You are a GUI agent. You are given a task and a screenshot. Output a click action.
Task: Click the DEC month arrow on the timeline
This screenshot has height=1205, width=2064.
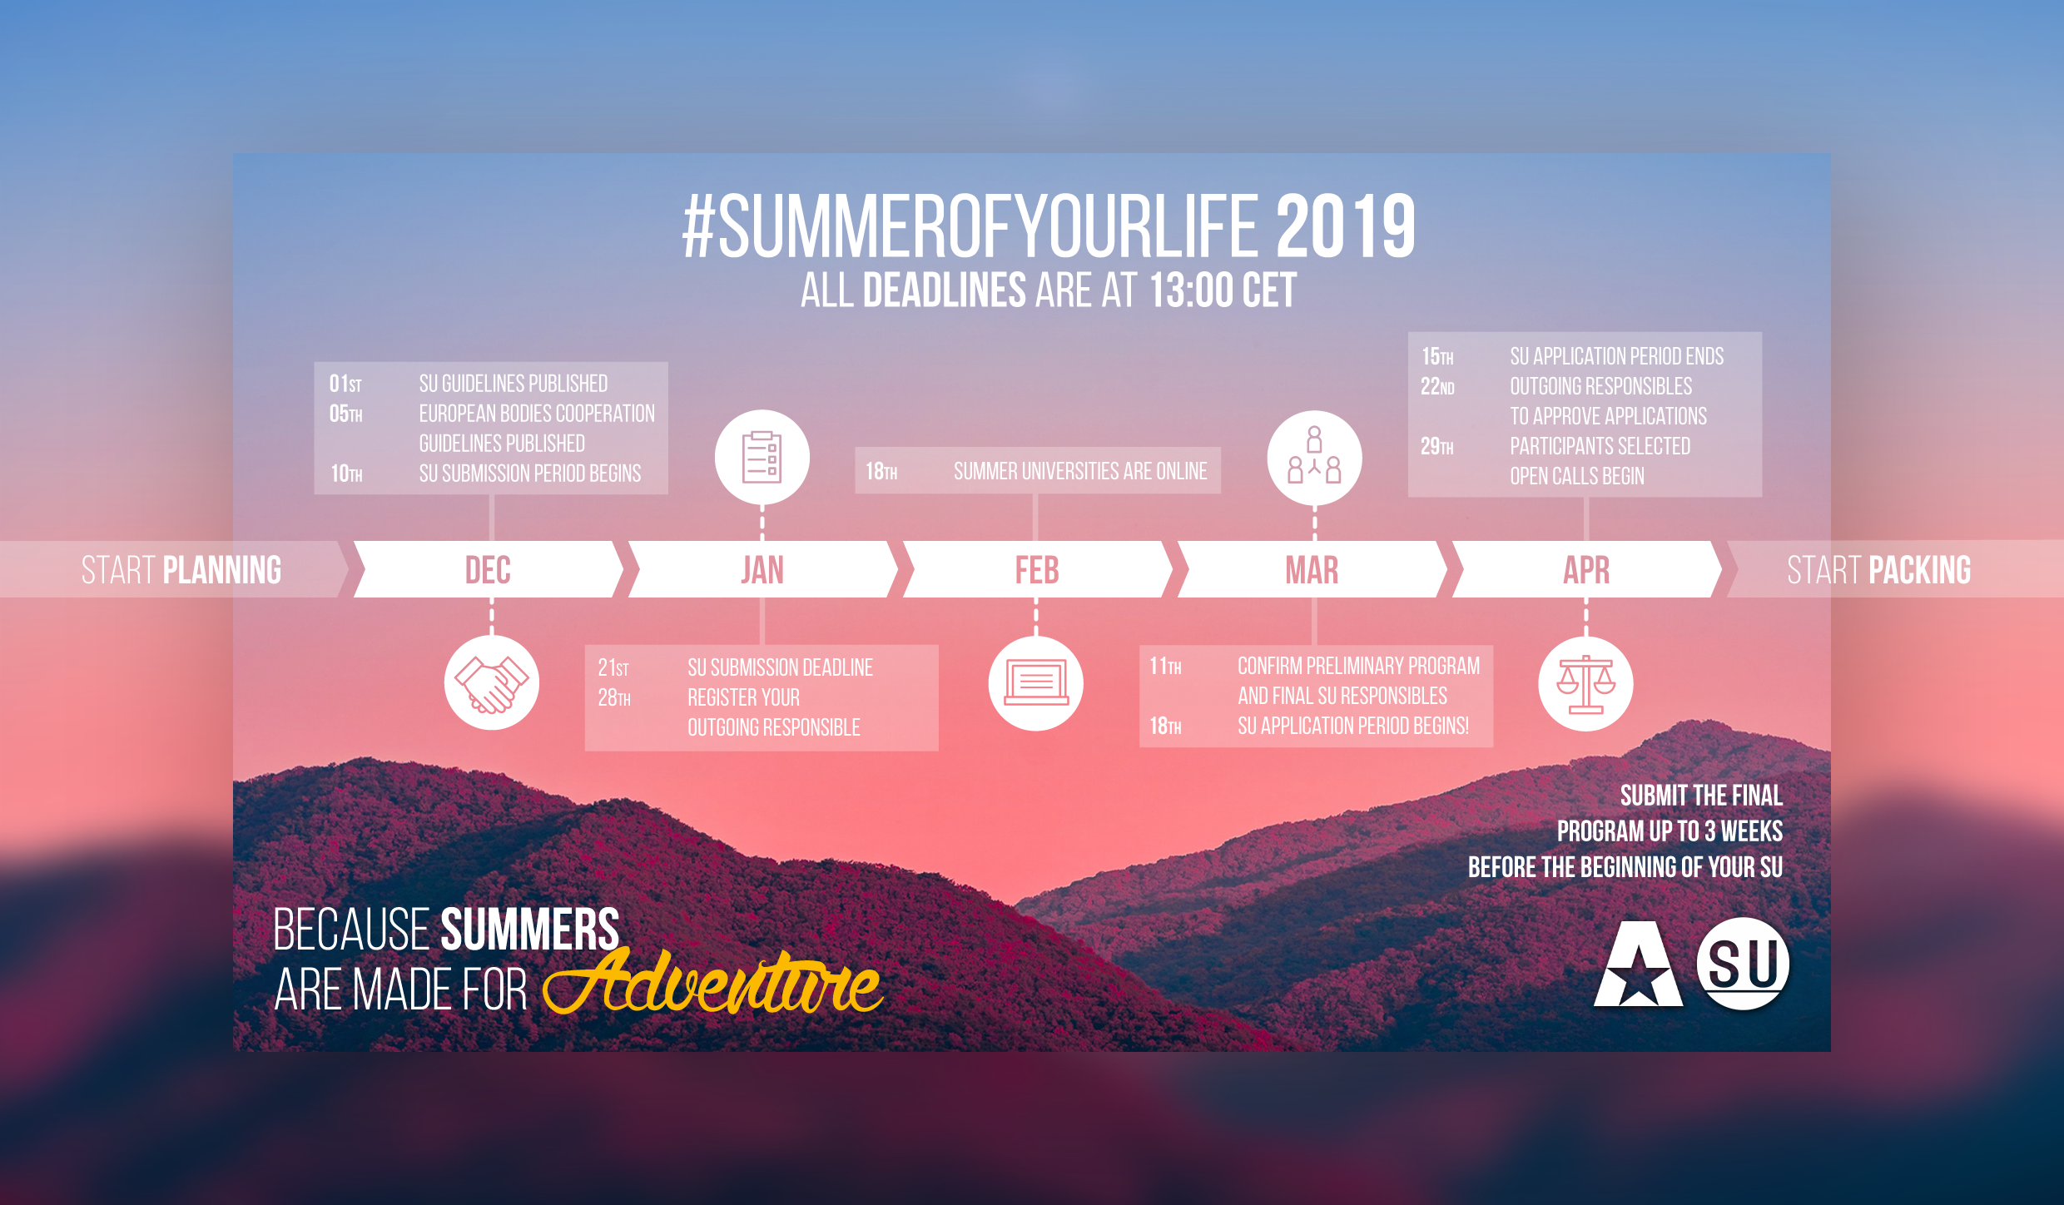point(489,569)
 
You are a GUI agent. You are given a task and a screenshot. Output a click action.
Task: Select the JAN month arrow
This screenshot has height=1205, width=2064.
point(763,569)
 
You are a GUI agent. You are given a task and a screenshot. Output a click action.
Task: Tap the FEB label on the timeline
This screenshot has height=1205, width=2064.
point(1037,570)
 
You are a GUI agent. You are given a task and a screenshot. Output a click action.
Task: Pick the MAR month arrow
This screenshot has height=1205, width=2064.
point(1312,569)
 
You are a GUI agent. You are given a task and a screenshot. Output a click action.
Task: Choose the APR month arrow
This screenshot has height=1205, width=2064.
point(1587,569)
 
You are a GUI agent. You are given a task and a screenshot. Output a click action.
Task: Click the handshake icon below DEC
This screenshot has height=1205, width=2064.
point(492,683)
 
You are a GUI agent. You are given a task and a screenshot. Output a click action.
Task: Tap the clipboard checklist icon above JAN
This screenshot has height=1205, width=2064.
point(762,457)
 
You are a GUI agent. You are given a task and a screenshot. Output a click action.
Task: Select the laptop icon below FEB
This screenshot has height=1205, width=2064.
point(1036,683)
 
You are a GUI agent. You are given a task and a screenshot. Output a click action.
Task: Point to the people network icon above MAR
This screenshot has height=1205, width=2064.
point(1315,458)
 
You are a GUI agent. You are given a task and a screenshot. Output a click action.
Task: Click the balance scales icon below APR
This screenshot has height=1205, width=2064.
point(1586,683)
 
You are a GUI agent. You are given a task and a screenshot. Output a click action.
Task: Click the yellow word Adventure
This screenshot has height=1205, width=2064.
point(712,983)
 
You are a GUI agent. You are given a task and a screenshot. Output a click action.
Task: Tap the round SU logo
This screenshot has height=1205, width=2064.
point(1743,964)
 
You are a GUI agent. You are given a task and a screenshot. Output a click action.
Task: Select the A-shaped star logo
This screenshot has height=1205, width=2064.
point(1638,964)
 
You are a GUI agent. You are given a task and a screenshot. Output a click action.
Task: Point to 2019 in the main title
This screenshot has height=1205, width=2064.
point(1346,226)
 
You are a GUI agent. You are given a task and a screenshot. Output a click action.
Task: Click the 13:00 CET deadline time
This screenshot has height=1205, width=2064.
point(1223,290)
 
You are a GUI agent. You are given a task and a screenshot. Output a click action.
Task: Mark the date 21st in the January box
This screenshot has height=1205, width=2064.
point(613,667)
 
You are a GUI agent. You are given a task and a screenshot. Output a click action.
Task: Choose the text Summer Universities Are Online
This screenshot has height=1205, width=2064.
point(1080,471)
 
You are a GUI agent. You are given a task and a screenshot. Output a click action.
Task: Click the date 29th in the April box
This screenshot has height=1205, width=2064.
point(1437,446)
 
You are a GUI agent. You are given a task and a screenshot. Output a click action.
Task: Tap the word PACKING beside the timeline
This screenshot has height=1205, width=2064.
point(1920,570)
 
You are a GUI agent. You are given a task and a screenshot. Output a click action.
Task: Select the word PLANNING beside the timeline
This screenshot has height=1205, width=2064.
point(222,570)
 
